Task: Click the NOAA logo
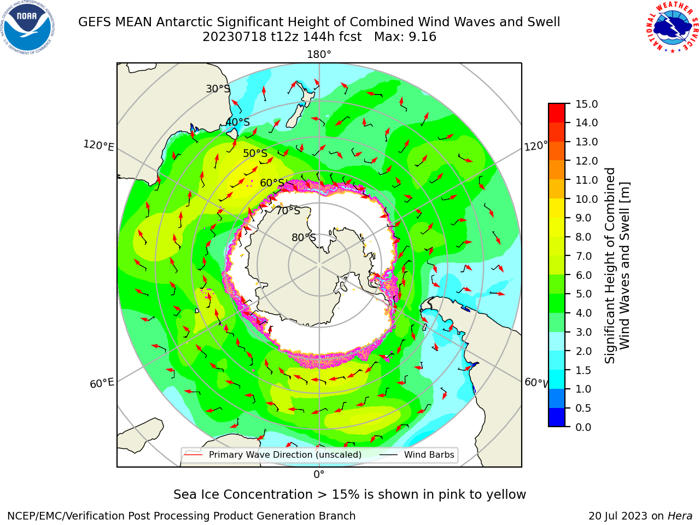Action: [28, 28]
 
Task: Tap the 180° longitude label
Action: [319, 55]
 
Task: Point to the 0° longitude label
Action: [319, 475]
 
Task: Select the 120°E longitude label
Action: [98, 145]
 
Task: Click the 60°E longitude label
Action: [102, 383]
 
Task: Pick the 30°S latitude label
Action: [218, 89]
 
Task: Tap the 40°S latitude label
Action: [238, 122]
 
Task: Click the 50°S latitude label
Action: [255, 153]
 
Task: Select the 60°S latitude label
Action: [272, 183]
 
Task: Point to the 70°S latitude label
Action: [288, 211]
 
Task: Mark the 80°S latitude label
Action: [304, 238]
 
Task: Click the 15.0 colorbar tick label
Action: [586, 104]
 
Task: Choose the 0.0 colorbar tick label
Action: [584, 427]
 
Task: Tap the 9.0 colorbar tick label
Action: [584, 218]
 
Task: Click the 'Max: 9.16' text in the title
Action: [405, 37]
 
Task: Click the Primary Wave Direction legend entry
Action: [273, 454]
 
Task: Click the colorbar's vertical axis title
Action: [617, 266]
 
